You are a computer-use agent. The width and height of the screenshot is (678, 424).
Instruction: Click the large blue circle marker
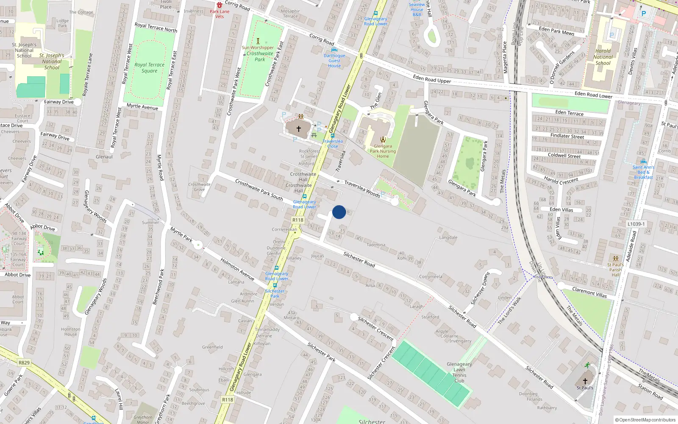coord(339,212)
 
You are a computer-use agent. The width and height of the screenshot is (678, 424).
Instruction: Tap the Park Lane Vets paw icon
coord(219,5)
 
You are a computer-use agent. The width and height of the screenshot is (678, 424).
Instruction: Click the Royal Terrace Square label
coord(149,68)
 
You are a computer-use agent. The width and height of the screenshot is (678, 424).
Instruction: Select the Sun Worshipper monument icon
coord(258,41)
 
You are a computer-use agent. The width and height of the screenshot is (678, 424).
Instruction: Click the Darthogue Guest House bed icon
coord(334,50)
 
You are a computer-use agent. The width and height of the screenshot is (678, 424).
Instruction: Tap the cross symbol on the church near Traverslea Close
coord(298,128)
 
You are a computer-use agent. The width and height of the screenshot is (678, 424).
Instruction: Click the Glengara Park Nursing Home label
coord(383,151)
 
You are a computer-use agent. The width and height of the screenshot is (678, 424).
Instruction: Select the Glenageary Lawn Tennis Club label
coord(459,372)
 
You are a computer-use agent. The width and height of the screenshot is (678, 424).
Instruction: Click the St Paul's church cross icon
coord(585,381)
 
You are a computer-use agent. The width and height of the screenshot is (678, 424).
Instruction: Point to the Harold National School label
coord(603,57)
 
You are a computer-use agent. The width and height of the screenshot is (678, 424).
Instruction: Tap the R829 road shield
coord(24,363)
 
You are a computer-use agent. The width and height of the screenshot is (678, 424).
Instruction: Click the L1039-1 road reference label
coord(636,224)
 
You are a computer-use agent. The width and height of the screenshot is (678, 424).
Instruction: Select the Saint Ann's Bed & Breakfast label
coord(643,172)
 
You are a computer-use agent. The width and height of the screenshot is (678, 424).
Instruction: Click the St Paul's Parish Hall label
coord(615,270)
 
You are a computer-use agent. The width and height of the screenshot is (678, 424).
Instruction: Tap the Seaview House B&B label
coord(417,9)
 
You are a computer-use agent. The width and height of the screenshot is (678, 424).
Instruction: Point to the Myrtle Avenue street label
coord(142,107)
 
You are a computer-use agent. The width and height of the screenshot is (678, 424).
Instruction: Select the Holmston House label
coord(70,332)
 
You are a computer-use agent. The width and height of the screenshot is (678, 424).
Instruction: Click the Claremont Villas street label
coord(589,292)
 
